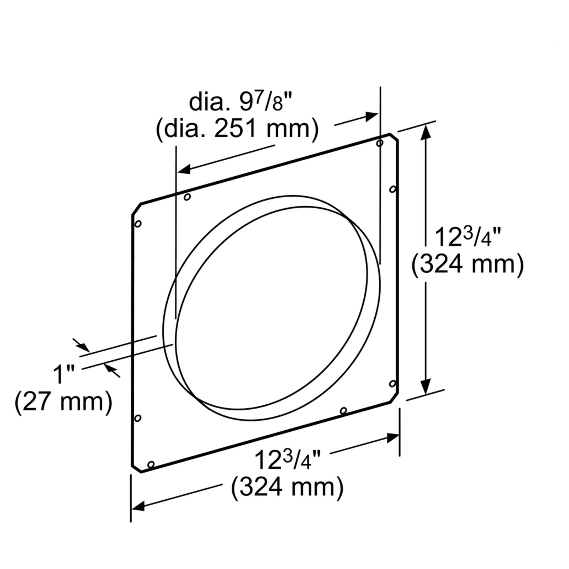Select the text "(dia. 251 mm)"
(237, 129)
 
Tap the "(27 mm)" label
(63, 402)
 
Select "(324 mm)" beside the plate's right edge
(467, 264)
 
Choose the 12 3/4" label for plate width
(287, 459)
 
